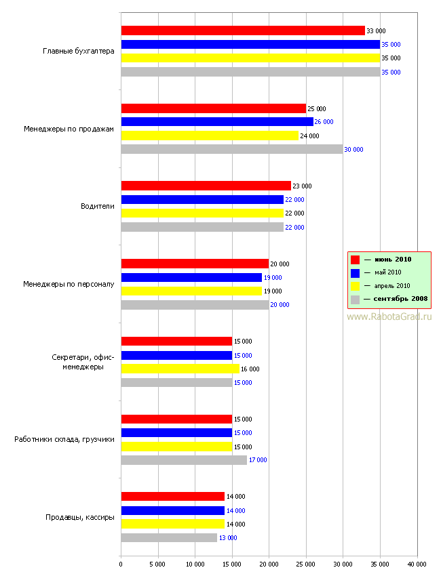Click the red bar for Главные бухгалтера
pyautogui.click(x=243, y=30)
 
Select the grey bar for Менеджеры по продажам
pyautogui.click(x=232, y=149)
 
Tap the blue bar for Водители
pyautogui.click(x=202, y=199)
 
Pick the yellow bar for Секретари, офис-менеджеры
pyautogui.click(x=180, y=369)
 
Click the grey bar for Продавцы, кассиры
pyautogui.click(x=169, y=537)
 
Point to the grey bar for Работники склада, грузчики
pyautogui.click(x=184, y=460)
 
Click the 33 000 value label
pyautogui.click(x=376, y=31)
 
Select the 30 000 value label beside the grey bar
pyautogui.click(x=353, y=150)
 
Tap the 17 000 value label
pyautogui.click(x=258, y=460)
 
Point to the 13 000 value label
pyautogui.click(x=228, y=538)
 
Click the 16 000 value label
pyautogui.click(x=250, y=369)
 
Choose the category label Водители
pyautogui.click(x=98, y=206)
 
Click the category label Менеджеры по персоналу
pyautogui.click(x=69, y=284)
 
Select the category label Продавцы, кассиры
pyautogui.click(x=80, y=517)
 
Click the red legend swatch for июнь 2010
pyautogui.click(x=355, y=260)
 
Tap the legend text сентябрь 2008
pyautogui.click(x=400, y=299)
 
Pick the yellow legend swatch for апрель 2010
pyautogui.click(x=355, y=286)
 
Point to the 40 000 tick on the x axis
pyautogui.click(x=417, y=564)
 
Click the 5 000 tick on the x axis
pyautogui.click(x=158, y=564)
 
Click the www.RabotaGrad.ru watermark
pyautogui.click(x=389, y=316)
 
